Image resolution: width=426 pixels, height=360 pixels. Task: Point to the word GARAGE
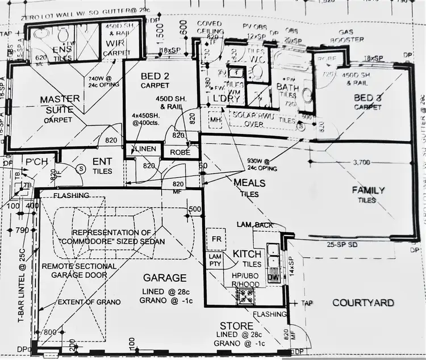(x=165, y=278)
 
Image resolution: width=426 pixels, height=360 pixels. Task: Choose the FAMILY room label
(x=368, y=190)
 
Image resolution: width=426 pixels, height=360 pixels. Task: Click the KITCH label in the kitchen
(x=247, y=254)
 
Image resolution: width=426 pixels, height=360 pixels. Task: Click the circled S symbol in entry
(x=81, y=168)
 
